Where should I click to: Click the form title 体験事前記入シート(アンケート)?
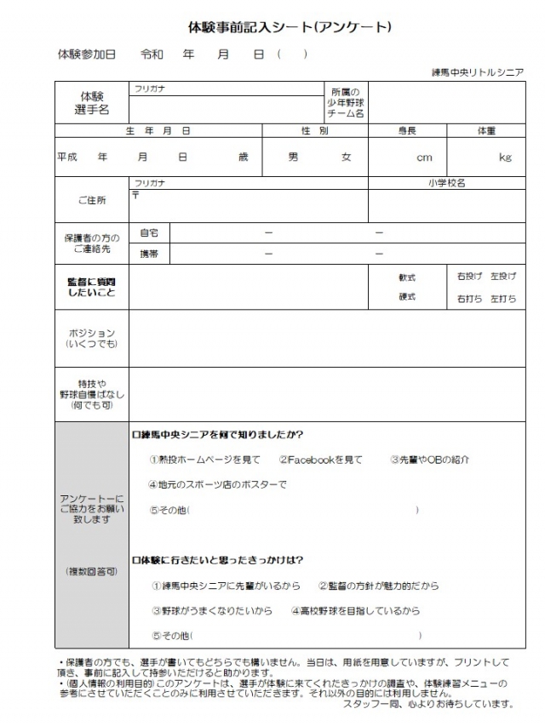coord(290,27)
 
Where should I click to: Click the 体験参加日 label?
coord(86,54)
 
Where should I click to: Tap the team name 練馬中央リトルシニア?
coord(477,72)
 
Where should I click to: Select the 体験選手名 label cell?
coord(93,103)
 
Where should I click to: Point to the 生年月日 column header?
coord(158,131)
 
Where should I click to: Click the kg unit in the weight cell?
coord(505,158)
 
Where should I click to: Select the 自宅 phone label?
coord(149,232)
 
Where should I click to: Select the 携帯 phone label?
coord(149,254)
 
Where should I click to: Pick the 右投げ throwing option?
coord(469,277)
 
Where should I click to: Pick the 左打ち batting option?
coord(503,299)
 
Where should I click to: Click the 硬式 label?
coord(407,297)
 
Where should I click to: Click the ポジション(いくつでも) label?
coord(91,338)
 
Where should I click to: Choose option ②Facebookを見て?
coord(320,460)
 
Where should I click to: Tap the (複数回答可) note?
coord(92,571)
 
